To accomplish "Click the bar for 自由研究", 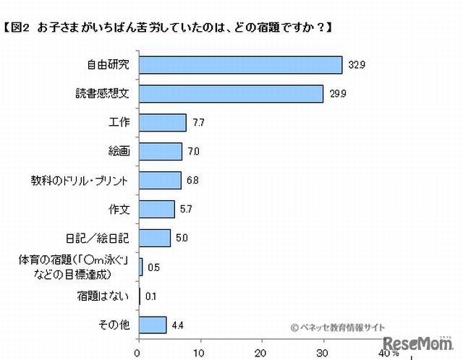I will point(239,65).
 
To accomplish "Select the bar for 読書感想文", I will point(230,94).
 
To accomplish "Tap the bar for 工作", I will point(162,123).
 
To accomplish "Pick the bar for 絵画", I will point(160,151).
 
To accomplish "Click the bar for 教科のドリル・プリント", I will point(159,180).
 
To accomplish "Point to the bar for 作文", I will point(156,209).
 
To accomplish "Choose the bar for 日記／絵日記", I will point(154,238).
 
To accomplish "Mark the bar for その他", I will point(152,325).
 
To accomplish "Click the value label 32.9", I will point(352,66).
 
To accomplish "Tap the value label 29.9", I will point(334,95).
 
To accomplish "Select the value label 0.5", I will point(153,267).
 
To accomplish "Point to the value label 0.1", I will point(150,296).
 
